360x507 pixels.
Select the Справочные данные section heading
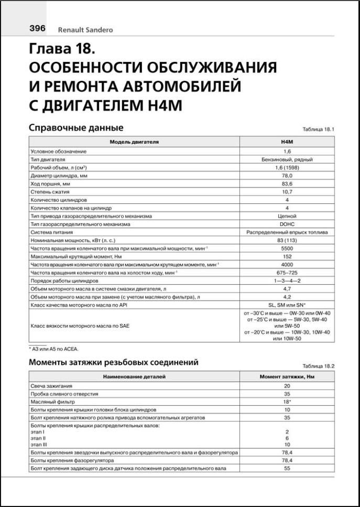click(76, 128)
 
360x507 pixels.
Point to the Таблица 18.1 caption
click(318, 130)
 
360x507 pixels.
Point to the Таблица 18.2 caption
click(318, 365)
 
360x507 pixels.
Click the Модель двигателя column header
click(134, 142)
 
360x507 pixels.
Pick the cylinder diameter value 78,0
click(287, 176)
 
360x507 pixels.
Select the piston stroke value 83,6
click(287, 184)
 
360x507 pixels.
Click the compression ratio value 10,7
click(287, 192)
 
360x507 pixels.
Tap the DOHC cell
click(287, 224)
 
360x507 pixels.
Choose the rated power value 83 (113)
click(287, 240)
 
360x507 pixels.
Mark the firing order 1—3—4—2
click(287, 281)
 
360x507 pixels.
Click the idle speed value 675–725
click(287, 273)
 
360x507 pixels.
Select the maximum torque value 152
click(287, 256)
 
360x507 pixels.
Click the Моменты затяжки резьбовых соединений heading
click(113, 362)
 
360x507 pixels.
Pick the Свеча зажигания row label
click(50, 386)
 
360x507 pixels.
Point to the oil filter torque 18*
click(287, 402)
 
